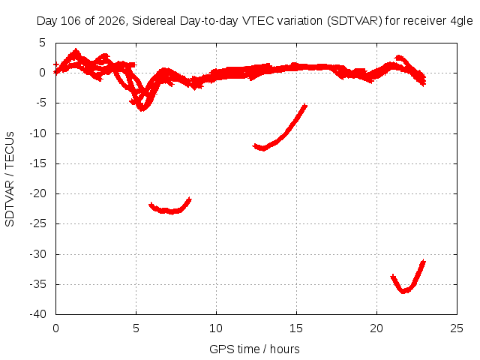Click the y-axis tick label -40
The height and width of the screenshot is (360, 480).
coord(37,314)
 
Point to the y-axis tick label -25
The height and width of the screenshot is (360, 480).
coord(37,223)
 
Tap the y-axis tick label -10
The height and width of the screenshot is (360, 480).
coord(37,133)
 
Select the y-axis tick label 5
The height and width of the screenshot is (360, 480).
coord(42,43)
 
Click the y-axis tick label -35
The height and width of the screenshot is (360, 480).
coord(37,284)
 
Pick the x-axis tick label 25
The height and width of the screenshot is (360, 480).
coord(457,328)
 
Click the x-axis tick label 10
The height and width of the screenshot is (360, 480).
coord(216,328)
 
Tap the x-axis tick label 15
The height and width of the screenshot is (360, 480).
coord(296,328)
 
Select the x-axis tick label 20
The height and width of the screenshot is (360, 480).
coord(376,328)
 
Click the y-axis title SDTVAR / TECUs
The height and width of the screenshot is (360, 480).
coord(10,179)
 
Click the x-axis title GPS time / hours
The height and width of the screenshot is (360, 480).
coord(254,349)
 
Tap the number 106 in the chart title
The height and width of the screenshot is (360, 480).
coord(70,21)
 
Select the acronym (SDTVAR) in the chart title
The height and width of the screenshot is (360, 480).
coord(355,21)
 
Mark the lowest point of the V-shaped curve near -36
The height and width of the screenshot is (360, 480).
coord(403,292)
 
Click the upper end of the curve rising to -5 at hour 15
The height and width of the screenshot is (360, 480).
coord(305,105)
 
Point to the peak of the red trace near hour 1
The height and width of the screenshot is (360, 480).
coord(76,50)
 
